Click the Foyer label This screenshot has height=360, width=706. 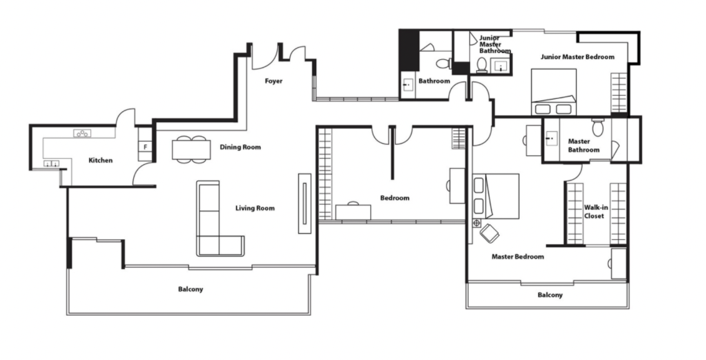point(273,81)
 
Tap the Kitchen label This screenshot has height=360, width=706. point(100,161)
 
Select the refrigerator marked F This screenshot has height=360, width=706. point(145,147)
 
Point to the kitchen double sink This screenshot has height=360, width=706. point(51,164)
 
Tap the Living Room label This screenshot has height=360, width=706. point(255,208)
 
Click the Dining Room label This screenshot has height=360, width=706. point(240,148)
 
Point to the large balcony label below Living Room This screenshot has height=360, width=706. point(191,289)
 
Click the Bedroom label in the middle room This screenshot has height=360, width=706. point(395,198)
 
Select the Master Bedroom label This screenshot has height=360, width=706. point(517,257)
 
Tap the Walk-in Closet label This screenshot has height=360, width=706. point(596,212)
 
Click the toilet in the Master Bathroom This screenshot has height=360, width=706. point(598,128)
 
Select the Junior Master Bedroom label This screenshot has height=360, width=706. point(577,57)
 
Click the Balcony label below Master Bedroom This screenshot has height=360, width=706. point(550,295)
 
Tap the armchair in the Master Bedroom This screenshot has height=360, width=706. point(489,234)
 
